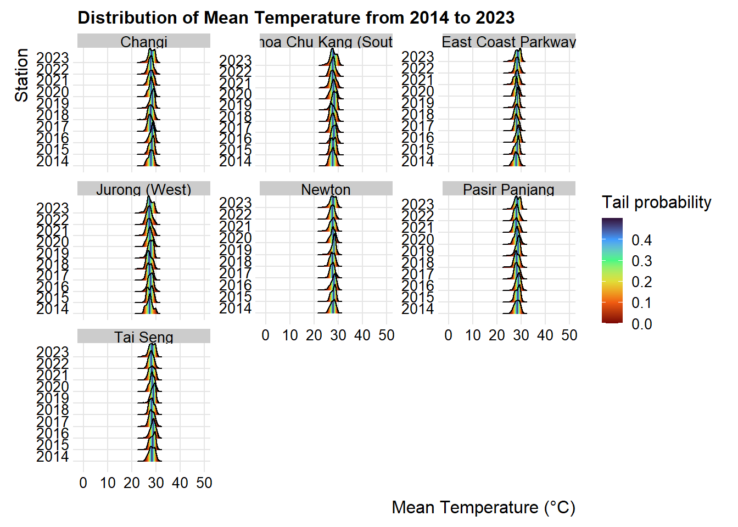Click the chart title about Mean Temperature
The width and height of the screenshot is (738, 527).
pos(296,18)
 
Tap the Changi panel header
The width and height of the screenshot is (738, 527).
pos(144,42)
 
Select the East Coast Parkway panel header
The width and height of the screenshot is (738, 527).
pos(508,42)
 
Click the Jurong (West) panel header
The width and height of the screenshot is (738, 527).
pos(144,189)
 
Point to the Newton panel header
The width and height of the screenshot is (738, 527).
pos(326,189)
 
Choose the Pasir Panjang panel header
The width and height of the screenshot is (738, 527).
pos(508,189)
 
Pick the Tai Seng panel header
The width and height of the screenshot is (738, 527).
pos(144,337)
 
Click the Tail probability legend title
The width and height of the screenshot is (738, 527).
pos(656,203)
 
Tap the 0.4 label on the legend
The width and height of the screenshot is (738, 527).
pos(641,240)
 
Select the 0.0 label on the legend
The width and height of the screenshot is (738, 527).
pos(641,324)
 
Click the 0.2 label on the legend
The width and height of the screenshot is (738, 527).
pos(641,282)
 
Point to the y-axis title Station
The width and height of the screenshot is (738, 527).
pos(21,75)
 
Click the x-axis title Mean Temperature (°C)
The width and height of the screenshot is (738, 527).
pos(483,508)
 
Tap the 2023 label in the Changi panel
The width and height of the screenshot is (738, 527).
pos(53,58)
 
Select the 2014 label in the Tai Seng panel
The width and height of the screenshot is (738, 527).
pos(53,456)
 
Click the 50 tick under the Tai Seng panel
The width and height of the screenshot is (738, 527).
pos(204,483)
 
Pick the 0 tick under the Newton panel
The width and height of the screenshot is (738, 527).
pos(266,335)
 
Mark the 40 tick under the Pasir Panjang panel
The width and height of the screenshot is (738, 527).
pos(545,335)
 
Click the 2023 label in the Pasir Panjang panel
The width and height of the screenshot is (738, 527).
pos(418,205)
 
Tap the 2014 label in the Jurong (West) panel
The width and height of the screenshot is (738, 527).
pos(53,309)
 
